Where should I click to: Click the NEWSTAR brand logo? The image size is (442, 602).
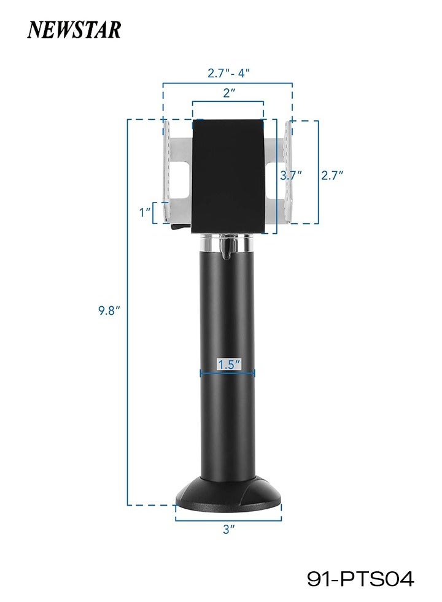coord(74,29)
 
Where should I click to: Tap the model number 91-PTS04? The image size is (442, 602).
coord(360,577)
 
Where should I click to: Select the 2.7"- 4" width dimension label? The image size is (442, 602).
coord(228,72)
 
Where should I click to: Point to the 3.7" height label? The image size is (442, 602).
coord(291,175)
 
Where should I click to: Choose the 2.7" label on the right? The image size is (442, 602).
coord(332,175)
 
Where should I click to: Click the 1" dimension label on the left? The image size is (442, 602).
coord(145,212)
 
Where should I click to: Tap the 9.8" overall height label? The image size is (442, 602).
coord(109,311)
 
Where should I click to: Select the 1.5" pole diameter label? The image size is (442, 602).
coord(228,365)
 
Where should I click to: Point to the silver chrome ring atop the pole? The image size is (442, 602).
coord(228,244)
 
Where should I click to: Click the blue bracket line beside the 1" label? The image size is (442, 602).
coord(154,212)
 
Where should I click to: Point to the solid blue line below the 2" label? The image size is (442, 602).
coord(228,102)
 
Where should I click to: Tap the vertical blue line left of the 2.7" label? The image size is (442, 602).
coord(318,172)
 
